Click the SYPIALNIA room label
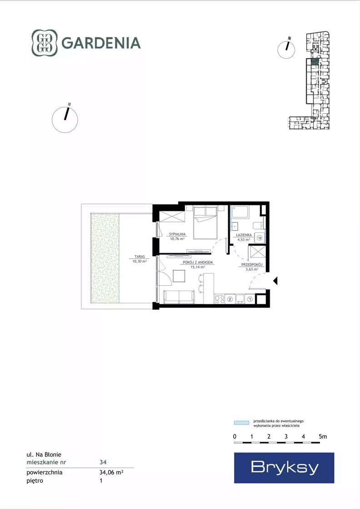point(177,234)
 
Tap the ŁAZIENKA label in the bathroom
point(244,235)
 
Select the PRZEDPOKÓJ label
point(252,265)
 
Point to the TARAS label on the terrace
point(140,257)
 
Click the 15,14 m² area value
point(198,267)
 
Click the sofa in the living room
point(179,297)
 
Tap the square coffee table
point(180,276)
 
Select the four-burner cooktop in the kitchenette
point(220,299)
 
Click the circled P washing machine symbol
point(260,238)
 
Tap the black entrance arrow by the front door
point(275,281)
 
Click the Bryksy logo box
point(284,468)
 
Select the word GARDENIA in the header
point(101,43)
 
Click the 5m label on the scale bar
point(323,437)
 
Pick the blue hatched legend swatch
point(242,423)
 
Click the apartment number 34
point(103,462)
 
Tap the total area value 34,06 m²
point(111,472)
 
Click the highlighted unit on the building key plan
point(315,62)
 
